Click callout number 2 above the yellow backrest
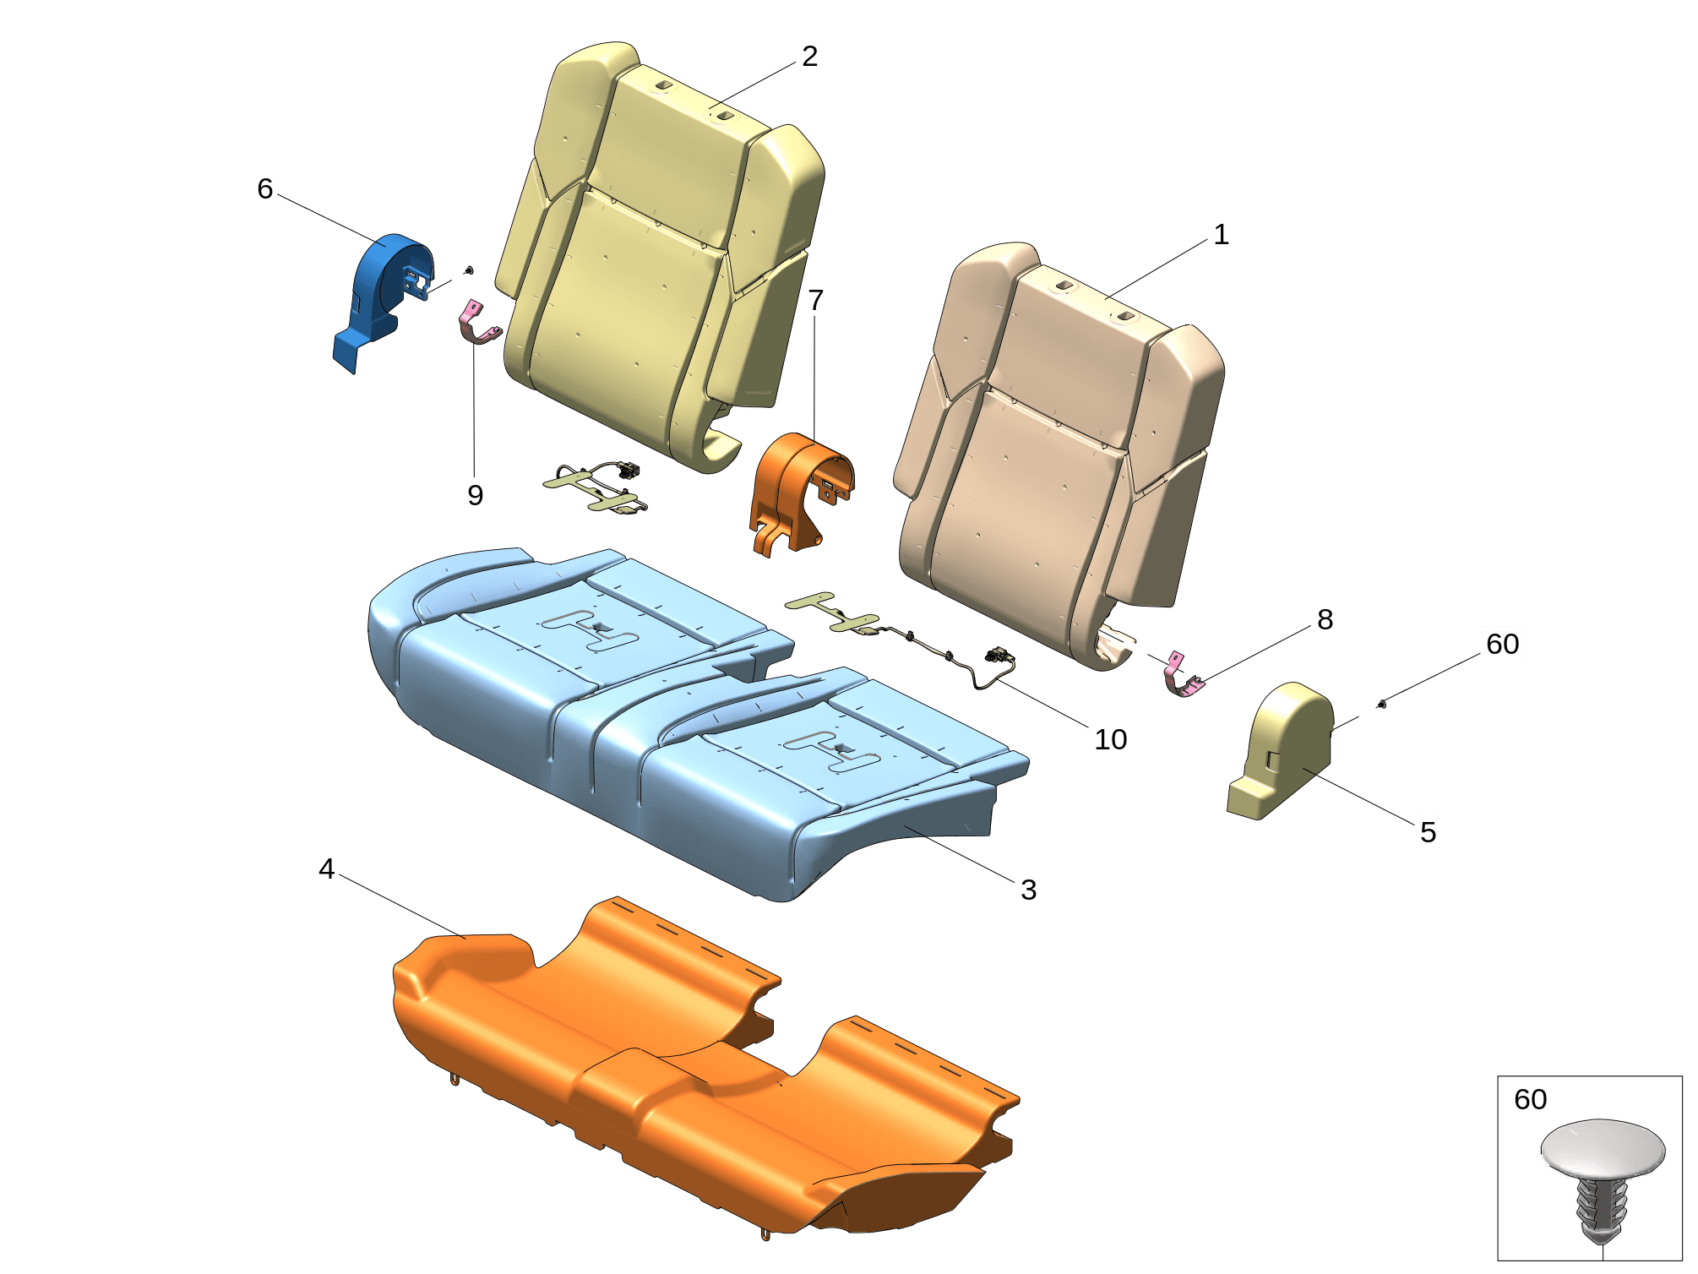click(x=809, y=57)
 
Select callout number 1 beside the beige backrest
click(x=1221, y=235)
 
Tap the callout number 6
click(x=265, y=189)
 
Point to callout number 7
click(x=815, y=300)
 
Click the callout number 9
click(x=476, y=495)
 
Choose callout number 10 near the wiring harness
click(x=1111, y=740)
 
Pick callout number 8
click(x=1325, y=620)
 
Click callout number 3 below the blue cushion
click(x=1028, y=890)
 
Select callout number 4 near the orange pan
click(x=327, y=869)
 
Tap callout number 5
click(x=1428, y=833)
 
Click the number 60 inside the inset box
click(x=1531, y=1100)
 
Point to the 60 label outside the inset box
click(x=1503, y=645)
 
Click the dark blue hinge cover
click(x=381, y=300)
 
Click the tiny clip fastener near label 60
click(x=1382, y=703)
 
